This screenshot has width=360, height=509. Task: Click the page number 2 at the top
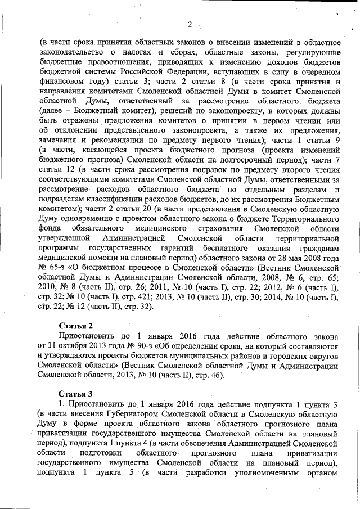[190, 24]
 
